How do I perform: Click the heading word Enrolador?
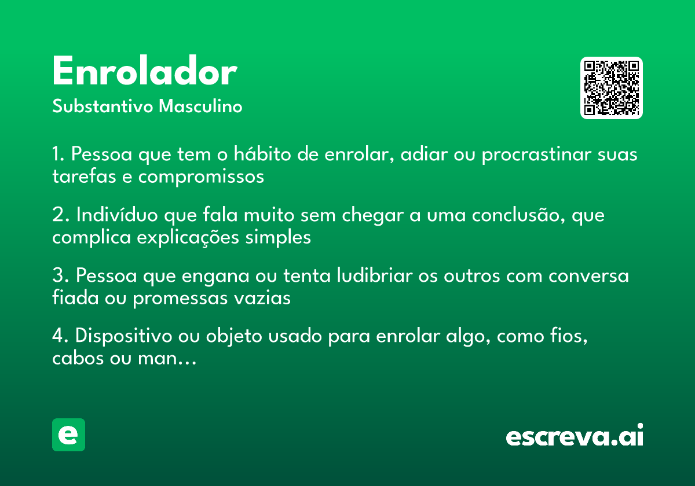144,73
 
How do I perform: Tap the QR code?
612,88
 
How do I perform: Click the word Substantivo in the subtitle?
103,107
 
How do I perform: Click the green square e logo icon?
68,435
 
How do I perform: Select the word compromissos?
201,176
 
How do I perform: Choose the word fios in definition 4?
569,336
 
